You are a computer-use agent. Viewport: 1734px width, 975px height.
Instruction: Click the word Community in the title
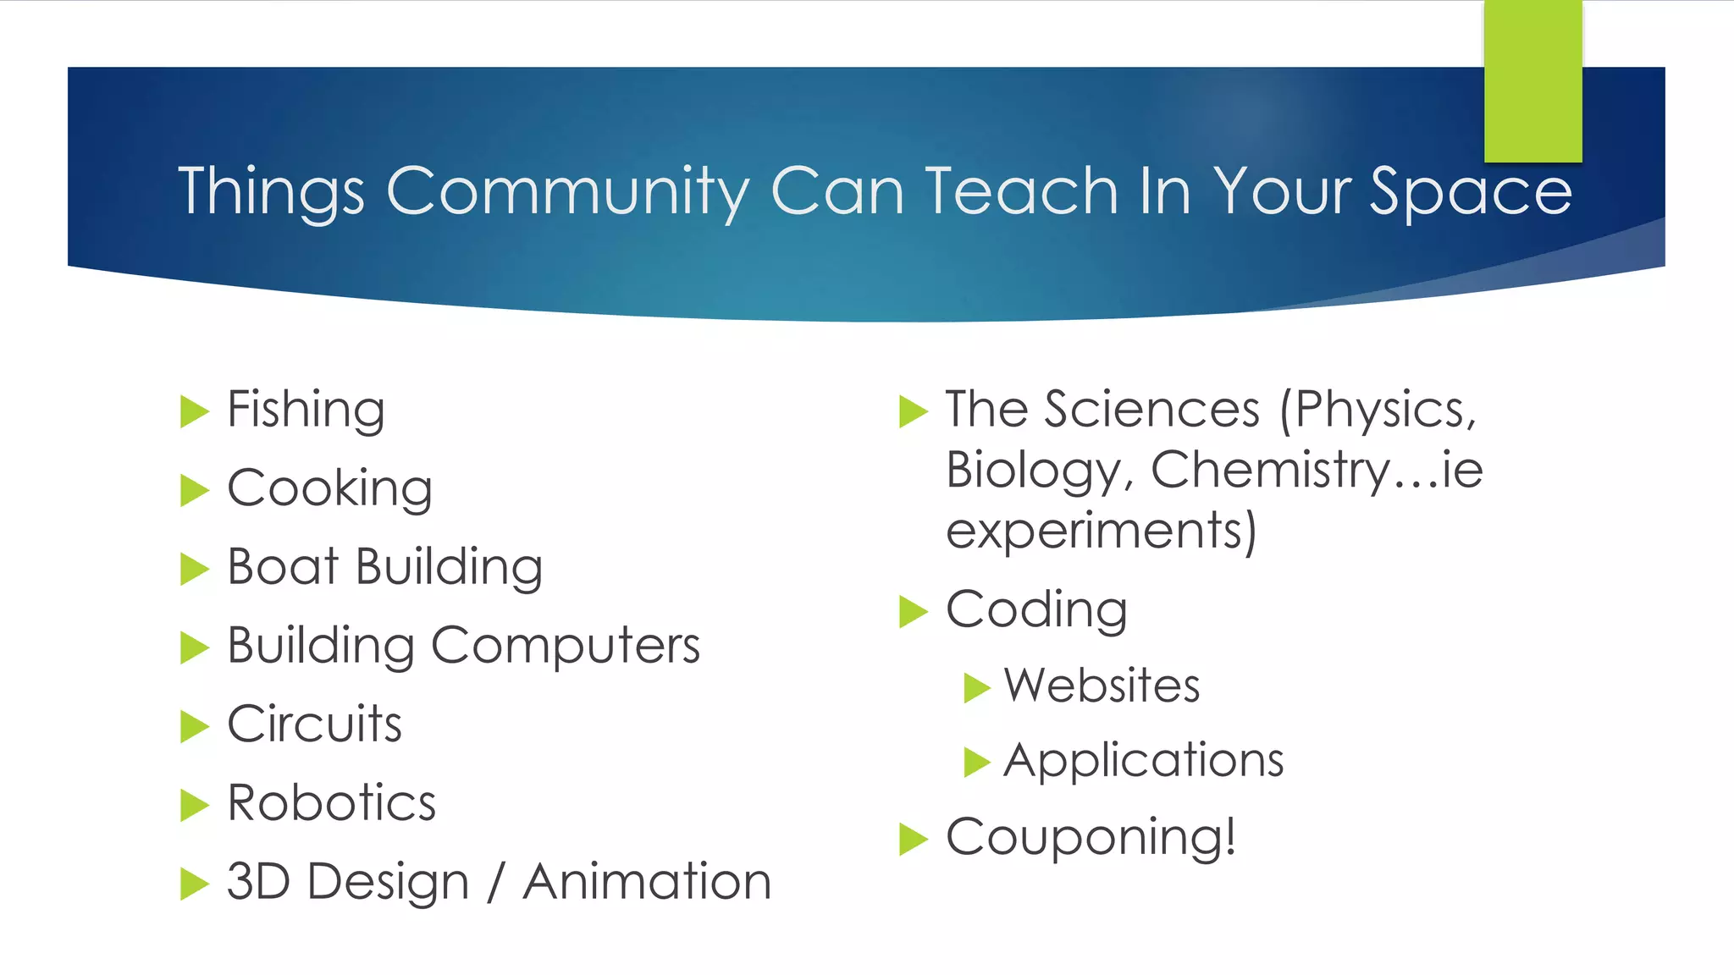pos(567,192)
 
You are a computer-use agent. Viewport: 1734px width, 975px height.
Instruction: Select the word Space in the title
pos(1471,192)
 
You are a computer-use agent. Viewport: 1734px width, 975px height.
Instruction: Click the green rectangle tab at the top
pos(1532,80)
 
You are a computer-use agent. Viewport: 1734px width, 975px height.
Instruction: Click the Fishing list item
pos(306,410)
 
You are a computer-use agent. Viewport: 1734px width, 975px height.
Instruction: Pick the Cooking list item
pos(329,489)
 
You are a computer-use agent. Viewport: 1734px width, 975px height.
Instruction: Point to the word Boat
pos(283,566)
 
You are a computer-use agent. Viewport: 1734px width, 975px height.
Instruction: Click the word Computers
pos(566,646)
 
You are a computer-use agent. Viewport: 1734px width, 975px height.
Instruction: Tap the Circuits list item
pos(314,724)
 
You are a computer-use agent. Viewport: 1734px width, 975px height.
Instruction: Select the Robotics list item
pos(331,803)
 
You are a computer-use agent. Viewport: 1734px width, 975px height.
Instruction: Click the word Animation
pos(647,882)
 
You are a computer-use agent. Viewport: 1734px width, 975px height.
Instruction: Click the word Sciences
pos(1151,410)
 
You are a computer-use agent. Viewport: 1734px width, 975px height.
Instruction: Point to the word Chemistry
pos(1270,470)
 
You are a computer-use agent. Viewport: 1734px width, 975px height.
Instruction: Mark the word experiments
pos(1101,532)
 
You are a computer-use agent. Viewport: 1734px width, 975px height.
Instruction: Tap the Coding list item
pos(1036,610)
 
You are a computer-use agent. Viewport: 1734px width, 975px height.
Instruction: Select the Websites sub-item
pos(1102,686)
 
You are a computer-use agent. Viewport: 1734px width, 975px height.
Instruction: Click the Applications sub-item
pos(1143,760)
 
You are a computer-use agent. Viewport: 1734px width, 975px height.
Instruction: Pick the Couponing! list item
pos(1091,838)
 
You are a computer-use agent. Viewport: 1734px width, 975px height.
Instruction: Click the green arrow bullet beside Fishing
pos(194,412)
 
